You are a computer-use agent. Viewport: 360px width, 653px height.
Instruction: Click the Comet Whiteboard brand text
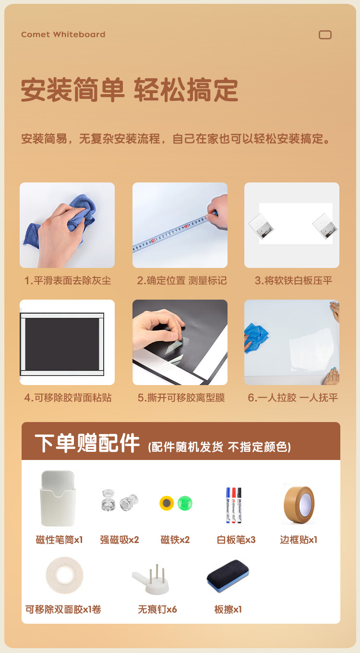click(63, 35)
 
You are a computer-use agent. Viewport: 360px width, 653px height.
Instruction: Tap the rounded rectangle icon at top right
click(325, 35)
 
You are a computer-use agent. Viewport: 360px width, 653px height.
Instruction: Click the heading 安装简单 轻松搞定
click(130, 90)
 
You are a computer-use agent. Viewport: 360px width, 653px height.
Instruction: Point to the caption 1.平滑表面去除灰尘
click(68, 280)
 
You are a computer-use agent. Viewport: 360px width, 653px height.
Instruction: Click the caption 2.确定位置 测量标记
click(182, 280)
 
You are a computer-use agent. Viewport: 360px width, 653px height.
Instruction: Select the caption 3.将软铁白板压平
click(293, 280)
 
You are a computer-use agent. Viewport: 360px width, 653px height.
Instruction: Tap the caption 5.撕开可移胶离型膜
click(181, 398)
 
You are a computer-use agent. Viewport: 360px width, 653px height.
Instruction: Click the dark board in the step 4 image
click(62, 344)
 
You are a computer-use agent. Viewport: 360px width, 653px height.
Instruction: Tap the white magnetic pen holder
click(58, 498)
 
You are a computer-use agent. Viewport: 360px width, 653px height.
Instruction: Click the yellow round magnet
click(167, 503)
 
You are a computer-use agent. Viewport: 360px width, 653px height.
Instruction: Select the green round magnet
click(185, 503)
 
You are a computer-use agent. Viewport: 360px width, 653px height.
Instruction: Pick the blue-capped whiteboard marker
click(228, 505)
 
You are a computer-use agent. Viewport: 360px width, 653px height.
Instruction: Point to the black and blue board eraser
click(228, 576)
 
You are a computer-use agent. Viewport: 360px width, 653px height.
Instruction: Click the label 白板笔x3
click(236, 540)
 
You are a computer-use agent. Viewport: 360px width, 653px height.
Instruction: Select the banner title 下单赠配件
click(87, 443)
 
